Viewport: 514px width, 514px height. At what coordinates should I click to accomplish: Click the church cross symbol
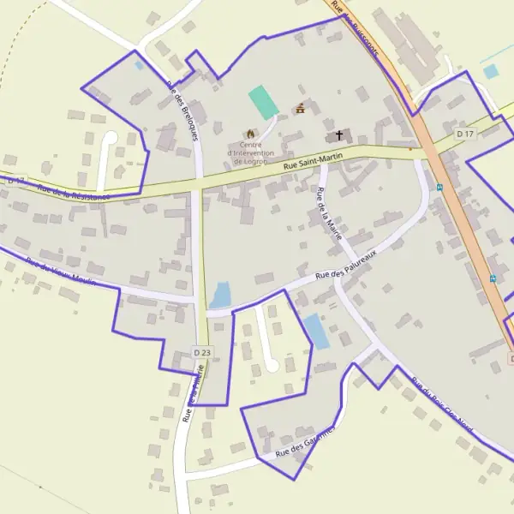[x=339, y=135]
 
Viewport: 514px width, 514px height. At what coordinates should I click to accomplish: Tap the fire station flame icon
[x=250, y=134]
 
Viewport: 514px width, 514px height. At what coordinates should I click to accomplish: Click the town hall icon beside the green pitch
[x=301, y=109]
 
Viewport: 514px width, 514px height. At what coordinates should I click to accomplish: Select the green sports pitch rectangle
[x=264, y=102]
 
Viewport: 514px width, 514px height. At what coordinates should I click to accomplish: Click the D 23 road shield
[x=202, y=352]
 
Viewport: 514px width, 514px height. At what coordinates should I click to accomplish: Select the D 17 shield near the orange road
[x=465, y=134]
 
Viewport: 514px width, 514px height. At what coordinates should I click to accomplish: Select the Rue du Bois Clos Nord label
[x=441, y=404]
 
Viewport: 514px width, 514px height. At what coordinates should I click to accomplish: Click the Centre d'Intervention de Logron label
[x=249, y=153]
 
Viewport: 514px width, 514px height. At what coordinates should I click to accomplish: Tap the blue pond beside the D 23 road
[x=221, y=295]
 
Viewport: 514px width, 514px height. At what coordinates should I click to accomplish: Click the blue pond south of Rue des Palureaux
[x=316, y=332]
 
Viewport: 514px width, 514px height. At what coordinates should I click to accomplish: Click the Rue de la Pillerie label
[x=193, y=394]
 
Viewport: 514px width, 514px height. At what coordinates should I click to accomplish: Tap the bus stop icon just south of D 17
[x=440, y=187]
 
